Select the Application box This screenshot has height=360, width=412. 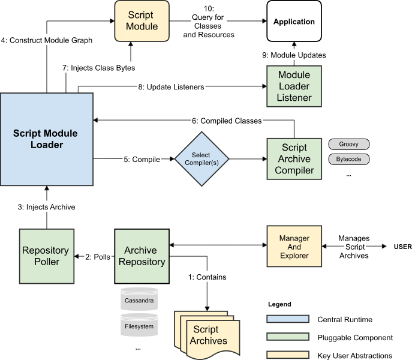294,22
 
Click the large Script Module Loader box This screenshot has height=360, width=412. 46,140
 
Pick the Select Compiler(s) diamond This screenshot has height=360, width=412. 201,160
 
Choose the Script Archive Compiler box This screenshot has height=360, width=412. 294,159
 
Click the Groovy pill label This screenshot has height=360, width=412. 348,145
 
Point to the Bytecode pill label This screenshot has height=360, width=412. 348,160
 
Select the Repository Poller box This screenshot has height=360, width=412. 46,256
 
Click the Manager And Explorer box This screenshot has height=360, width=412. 294,247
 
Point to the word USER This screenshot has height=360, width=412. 402,247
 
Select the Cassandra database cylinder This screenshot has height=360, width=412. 139,299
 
